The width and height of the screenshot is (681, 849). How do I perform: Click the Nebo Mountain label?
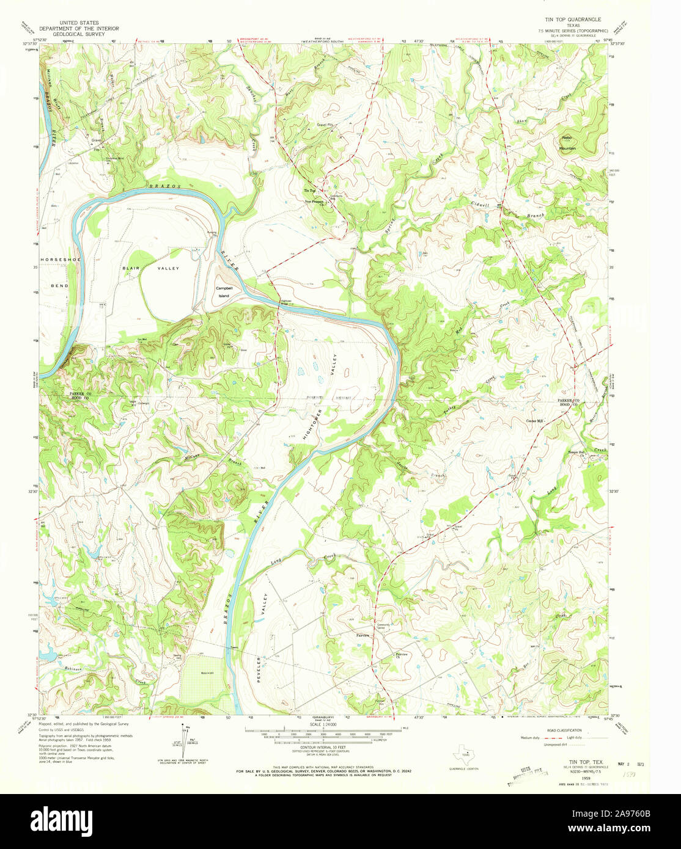click(x=567, y=143)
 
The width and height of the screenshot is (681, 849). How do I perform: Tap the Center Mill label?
click(x=535, y=420)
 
